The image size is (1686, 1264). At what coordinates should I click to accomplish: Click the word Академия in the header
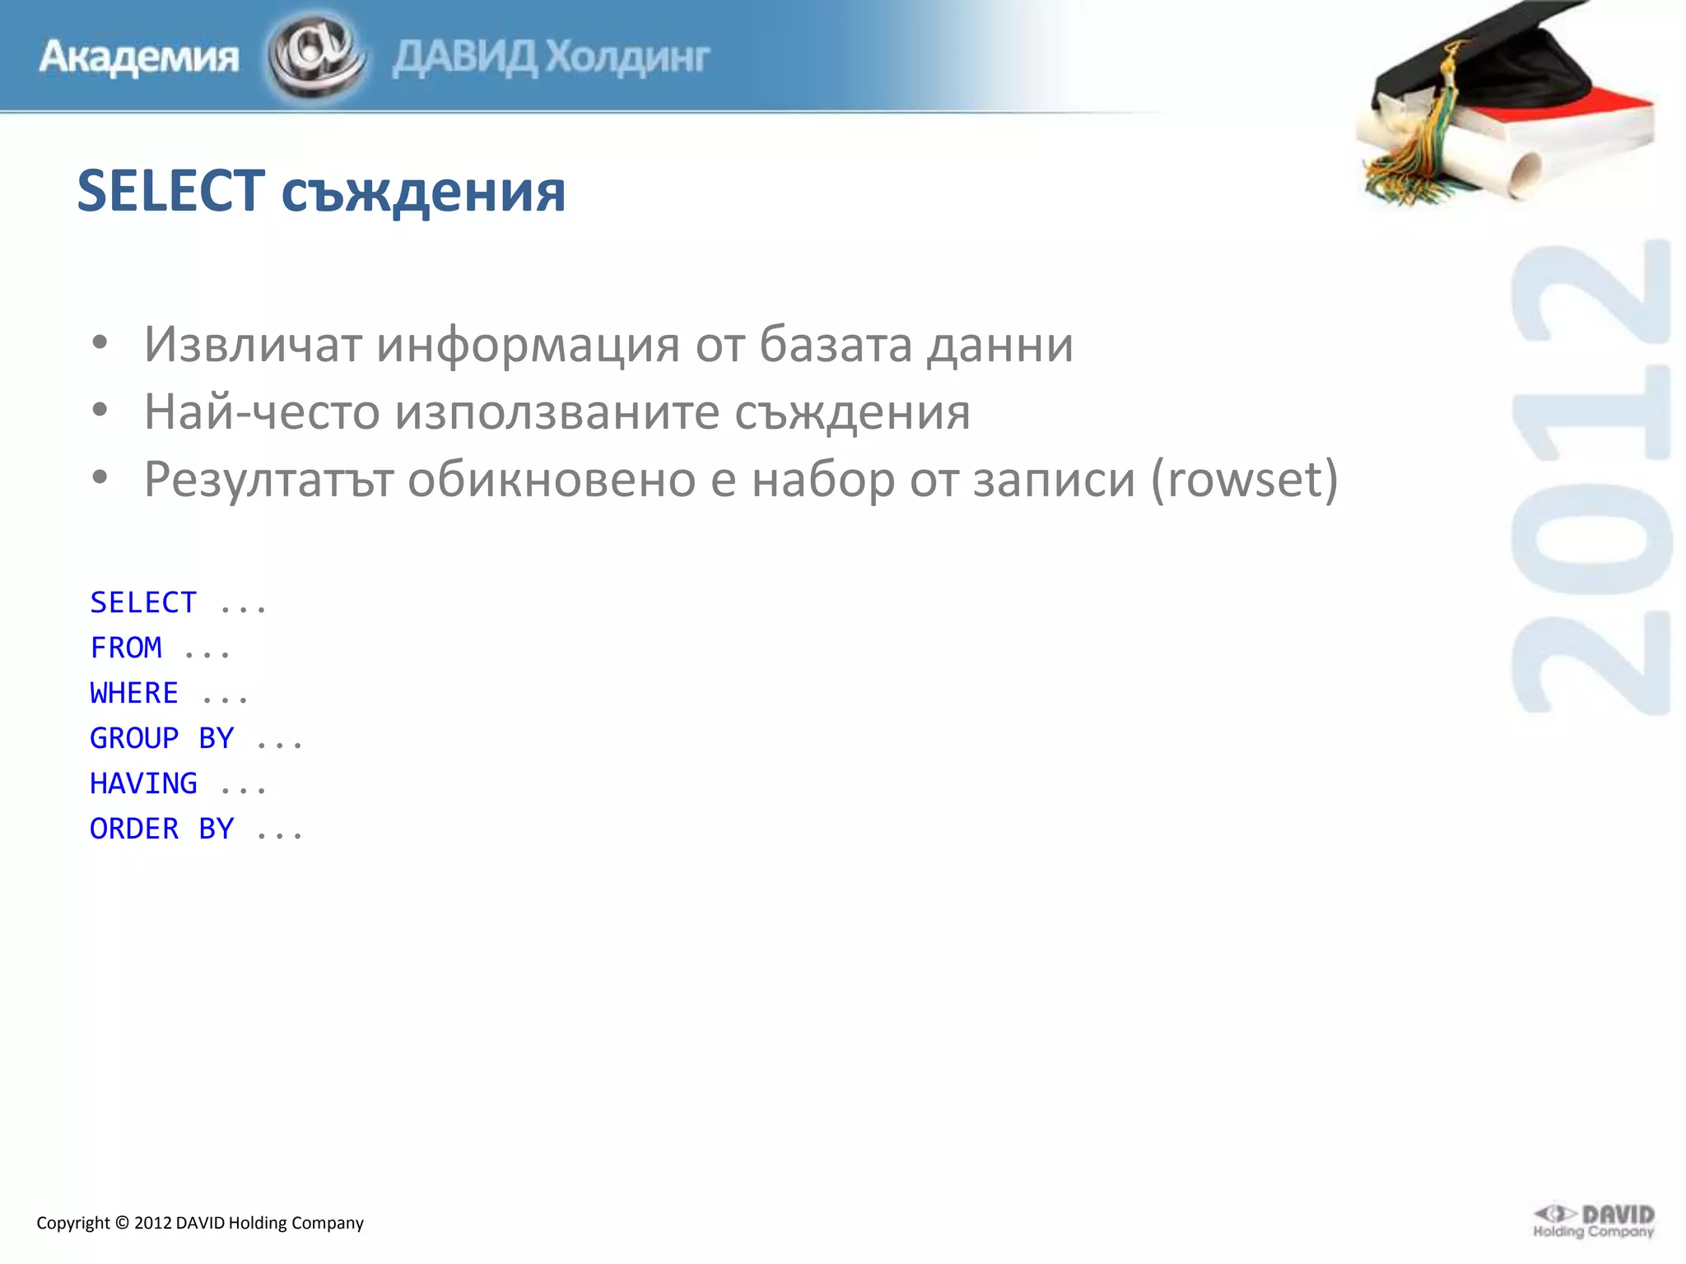pos(138,58)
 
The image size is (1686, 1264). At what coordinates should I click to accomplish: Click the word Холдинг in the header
pos(627,58)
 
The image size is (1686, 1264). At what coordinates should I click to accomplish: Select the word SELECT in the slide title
pos(171,191)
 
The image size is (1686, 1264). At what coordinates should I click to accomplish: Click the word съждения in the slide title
pos(423,193)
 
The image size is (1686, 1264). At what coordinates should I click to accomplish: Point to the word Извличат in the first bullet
pos(253,344)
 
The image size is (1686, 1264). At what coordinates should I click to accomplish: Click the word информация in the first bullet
pos(528,344)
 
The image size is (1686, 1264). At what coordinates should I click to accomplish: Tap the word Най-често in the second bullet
pos(261,411)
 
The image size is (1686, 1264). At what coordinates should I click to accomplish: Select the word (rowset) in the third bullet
pos(1244,479)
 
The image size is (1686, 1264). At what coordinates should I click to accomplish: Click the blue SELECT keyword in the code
pos(143,602)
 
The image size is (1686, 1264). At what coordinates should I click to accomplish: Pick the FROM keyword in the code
pos(126,648)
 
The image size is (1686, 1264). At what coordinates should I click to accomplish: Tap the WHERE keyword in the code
pos(134,693)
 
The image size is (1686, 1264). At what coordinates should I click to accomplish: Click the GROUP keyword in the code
pos(134,738)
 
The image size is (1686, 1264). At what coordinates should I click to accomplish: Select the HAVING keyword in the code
pos(143,783)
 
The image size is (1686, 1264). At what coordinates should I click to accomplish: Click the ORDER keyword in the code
pos(134,829)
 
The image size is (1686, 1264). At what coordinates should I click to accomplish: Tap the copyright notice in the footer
pos(200,1223)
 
